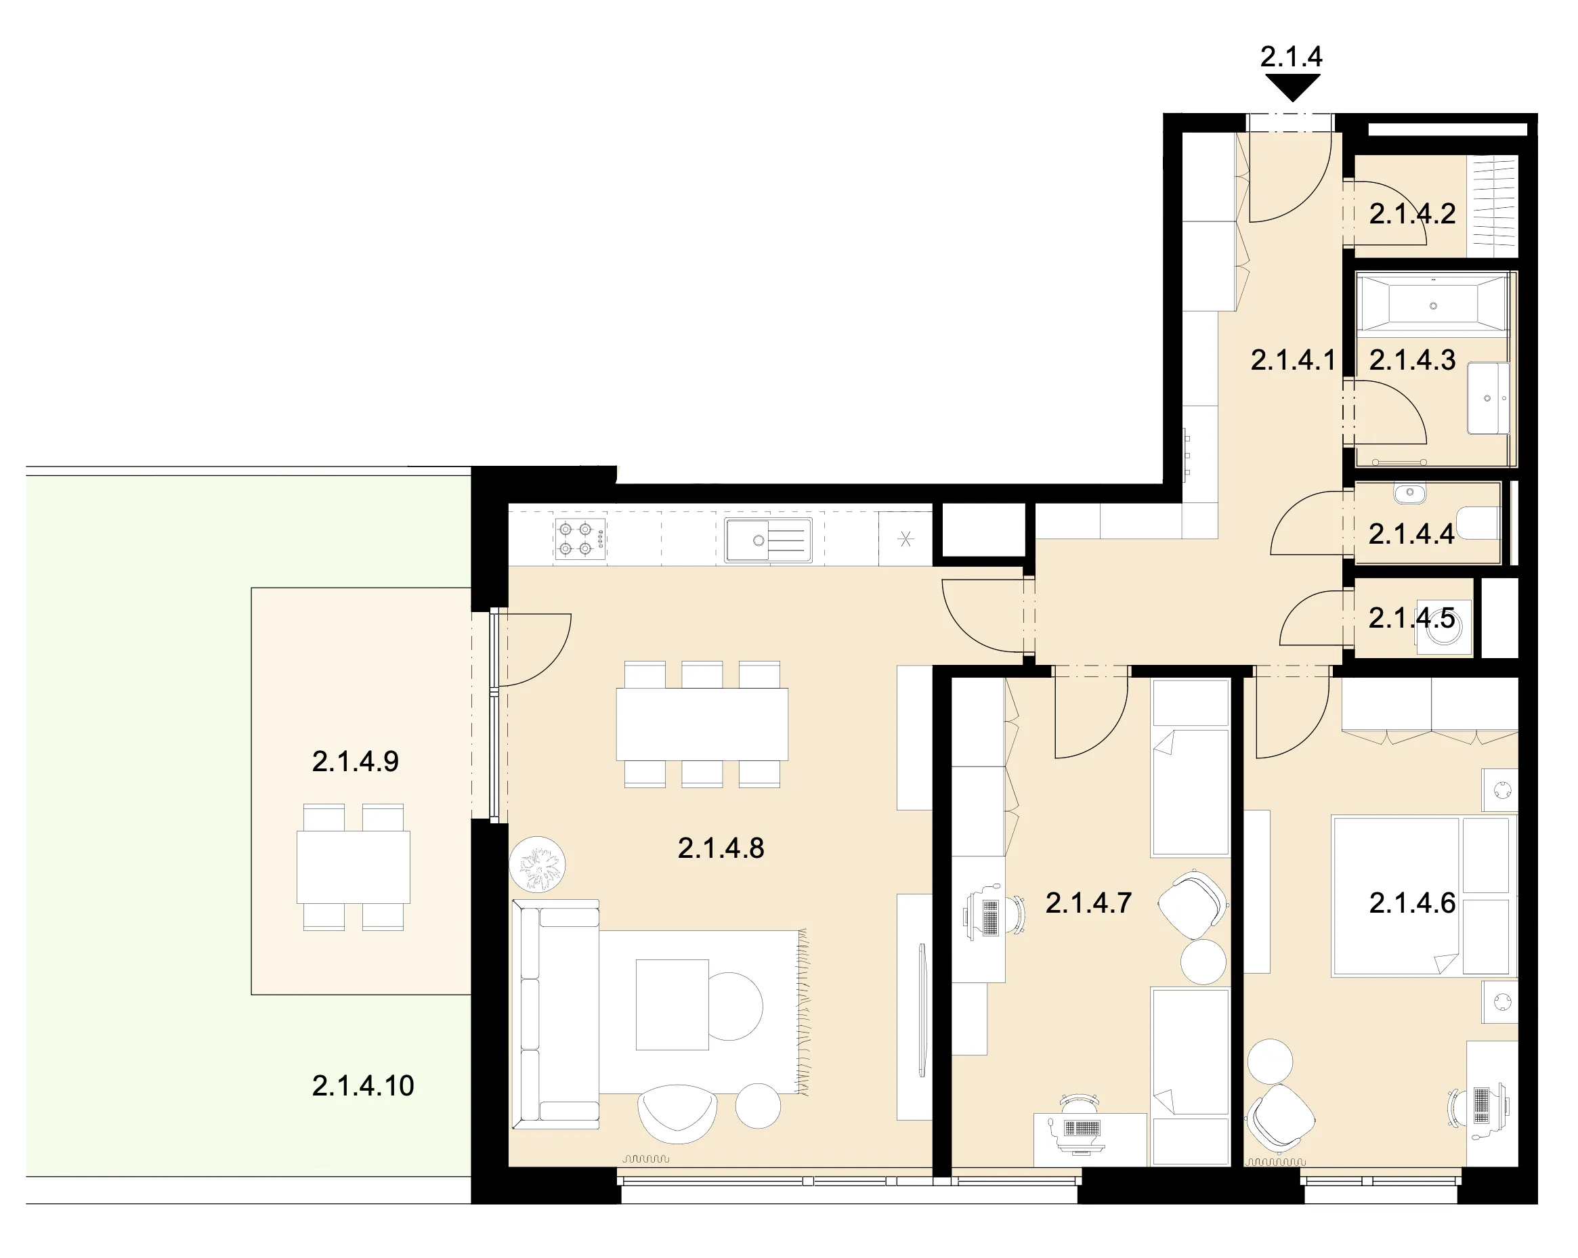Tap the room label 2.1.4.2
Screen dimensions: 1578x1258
pos(1412,214)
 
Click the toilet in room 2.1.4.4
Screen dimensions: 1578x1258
pos(1478,522)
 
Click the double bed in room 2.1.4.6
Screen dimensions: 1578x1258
pos(1422,896)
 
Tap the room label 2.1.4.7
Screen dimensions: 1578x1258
pos(1088,903)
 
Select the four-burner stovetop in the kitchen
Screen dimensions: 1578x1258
pos(580,539)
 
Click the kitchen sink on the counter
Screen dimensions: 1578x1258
pos(769,540)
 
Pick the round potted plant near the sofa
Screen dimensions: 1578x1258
pos(537,864)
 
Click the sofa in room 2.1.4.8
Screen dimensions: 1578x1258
pos(555,1014)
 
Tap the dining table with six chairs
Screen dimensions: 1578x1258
pos(702,724)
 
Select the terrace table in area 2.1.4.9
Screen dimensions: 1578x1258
pos(354,867)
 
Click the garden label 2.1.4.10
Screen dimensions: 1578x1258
pos(363,1085)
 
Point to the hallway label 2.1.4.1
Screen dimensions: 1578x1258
pos(1294,360)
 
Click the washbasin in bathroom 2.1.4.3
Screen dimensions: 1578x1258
pos(1488,398)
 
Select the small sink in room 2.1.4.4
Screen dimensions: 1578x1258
pos(1409,494)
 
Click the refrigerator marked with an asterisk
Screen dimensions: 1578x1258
pos(905,540)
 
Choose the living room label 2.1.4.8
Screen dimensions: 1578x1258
pos(721,848)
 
